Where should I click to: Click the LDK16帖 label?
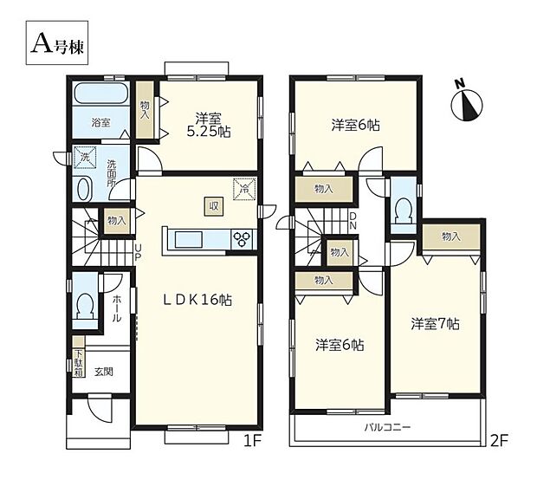(x=198, y=301)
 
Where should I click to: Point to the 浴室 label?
(x=101, y=122)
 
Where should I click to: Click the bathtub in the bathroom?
(x=101, y=94)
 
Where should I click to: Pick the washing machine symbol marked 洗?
(x=85, y=158)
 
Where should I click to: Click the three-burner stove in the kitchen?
(x=243, y=239)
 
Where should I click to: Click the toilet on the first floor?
(x=85, y=303)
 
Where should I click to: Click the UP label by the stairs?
(x=137, y=252)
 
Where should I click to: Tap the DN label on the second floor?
(x=353, y=222)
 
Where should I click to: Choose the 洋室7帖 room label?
(x=435, y=324)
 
